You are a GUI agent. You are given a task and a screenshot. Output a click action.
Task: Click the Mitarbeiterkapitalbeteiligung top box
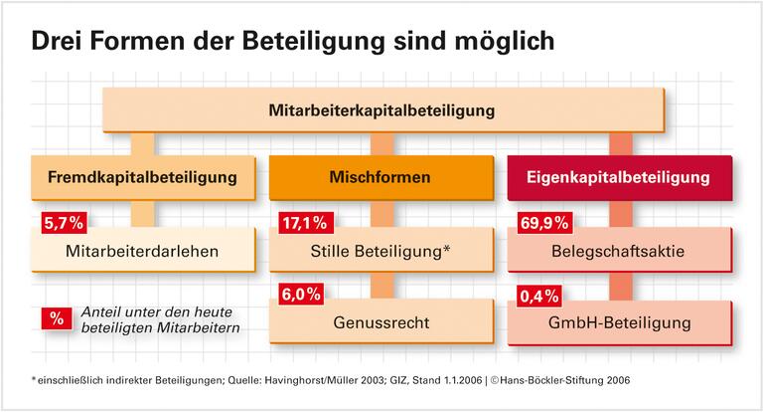pos(381,109)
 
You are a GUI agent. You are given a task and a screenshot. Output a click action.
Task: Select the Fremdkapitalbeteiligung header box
pos(143,178)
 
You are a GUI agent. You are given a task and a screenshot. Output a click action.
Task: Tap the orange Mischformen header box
pos(381,178)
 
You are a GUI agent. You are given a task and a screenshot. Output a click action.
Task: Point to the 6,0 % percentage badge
pos(301,294)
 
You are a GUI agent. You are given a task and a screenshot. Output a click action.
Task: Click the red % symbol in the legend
pos(56,318)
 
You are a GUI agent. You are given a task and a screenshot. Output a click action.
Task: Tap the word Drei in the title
pos(60,42)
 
